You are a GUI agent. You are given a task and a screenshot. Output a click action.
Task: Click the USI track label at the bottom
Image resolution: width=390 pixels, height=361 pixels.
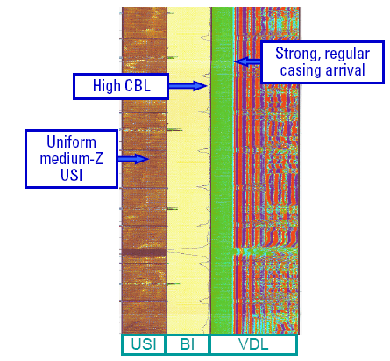tap(144, 344)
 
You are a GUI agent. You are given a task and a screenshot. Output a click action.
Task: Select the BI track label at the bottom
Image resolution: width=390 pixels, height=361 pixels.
tap(188, 344)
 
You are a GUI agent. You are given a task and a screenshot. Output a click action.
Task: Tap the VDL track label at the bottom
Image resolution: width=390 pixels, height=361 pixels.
tap(253, 344)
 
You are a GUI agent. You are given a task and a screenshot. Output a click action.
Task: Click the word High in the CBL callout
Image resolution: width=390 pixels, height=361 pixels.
tap(107, 86)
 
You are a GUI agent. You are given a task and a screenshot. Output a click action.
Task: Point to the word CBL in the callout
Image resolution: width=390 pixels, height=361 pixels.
tap(138, 86)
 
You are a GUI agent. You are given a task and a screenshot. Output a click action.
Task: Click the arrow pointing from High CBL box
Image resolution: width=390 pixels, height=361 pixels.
tap(188, 86)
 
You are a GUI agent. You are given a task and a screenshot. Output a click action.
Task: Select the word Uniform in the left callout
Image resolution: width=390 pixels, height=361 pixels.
tap(72, 142)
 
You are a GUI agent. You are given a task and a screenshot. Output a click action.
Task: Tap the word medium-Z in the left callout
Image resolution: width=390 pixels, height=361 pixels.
tap(72, 159)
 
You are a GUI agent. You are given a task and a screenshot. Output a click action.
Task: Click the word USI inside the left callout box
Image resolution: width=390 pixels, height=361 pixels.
tap(72, 175)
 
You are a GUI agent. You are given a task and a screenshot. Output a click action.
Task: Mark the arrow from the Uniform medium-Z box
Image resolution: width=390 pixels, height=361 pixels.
tap(133, 159)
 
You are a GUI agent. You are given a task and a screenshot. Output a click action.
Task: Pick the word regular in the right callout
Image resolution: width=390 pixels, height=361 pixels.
tap(347, 54)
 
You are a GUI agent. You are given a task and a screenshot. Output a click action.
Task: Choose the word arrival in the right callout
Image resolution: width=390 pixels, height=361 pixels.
tap(345, 70)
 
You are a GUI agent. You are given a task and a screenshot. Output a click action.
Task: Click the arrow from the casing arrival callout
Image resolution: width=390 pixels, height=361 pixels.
tap(247, 61)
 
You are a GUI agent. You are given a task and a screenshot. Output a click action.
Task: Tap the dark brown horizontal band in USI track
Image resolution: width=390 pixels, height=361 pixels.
tap(144, 252)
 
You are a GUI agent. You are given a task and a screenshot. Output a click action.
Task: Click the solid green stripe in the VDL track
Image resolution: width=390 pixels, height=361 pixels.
tap(222, 170)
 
